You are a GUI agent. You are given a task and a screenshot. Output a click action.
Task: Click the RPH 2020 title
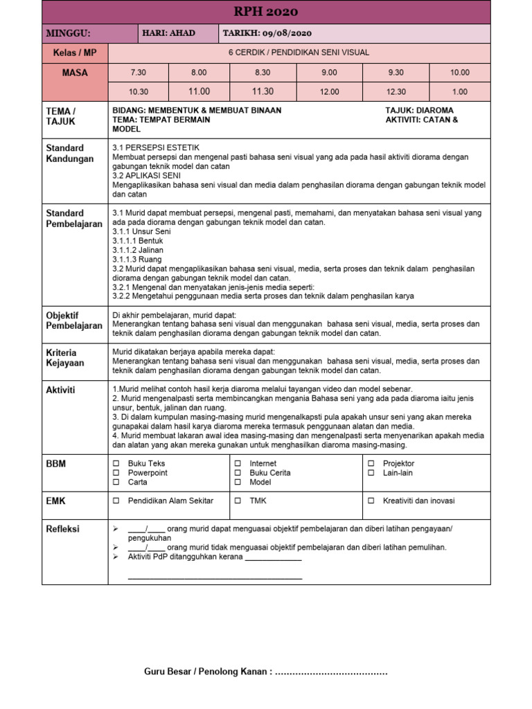coord(266,12)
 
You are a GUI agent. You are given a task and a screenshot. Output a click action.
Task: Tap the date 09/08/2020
coord(292,33)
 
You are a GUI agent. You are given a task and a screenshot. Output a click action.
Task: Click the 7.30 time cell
coord(139,73)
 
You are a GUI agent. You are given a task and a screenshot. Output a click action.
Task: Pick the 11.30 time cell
coord(263,91)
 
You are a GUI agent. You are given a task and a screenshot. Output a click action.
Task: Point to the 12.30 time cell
coord(396,91)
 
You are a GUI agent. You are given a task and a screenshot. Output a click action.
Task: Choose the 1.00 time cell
coord(460,91)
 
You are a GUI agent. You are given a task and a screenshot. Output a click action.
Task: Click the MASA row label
coord(75,73)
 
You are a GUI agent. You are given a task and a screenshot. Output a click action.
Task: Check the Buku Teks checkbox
coord(116,463)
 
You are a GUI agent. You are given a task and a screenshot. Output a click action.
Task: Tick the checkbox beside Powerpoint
coord(116,473)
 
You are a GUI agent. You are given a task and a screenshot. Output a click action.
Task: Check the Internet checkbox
coord(238,463)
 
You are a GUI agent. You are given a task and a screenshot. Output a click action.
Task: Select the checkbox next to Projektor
coord(371,463)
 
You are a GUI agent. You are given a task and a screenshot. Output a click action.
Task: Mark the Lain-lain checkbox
coord(371,473)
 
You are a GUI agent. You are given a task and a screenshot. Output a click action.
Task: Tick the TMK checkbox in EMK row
coord(238,501)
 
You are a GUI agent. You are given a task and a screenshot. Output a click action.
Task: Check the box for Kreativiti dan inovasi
coord(371,501)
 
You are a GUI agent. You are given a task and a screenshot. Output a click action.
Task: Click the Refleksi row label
coord(62,529)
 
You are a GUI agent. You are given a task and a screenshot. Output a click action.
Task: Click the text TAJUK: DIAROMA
coord(419,111)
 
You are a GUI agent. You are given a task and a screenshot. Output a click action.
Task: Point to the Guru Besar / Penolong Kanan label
coord(208,672)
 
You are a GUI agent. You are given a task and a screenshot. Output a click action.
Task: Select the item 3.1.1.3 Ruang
coord(136,260)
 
